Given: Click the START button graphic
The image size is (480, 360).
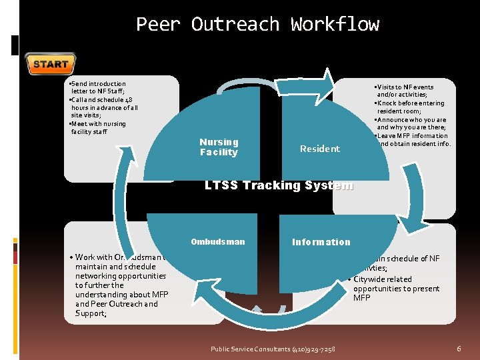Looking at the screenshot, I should [x=50, y=64].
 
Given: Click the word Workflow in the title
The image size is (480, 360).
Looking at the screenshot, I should [x=335, y=25].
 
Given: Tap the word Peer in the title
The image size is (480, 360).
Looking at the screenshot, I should [x=158, y=25].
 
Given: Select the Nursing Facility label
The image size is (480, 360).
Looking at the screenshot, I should [x=219, y=147].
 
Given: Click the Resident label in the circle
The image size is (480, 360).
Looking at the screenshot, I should [x=319, y=149].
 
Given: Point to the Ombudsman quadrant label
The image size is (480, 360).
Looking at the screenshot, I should [x=217, y=242].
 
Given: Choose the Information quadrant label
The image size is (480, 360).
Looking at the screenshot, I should [x=321, y=242].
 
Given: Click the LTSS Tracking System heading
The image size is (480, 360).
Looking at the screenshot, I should [x=279, y=185].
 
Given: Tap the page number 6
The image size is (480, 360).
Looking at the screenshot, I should [x=459, y=349].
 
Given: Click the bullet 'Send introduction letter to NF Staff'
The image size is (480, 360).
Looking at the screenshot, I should [x=98, y=87].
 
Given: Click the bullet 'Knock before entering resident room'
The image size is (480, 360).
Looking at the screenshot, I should [x=410, y=107].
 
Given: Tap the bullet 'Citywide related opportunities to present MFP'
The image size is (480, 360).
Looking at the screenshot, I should [x=396, y=288].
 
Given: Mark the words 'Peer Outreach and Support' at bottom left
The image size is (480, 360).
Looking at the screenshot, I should [x=117, y=308].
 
